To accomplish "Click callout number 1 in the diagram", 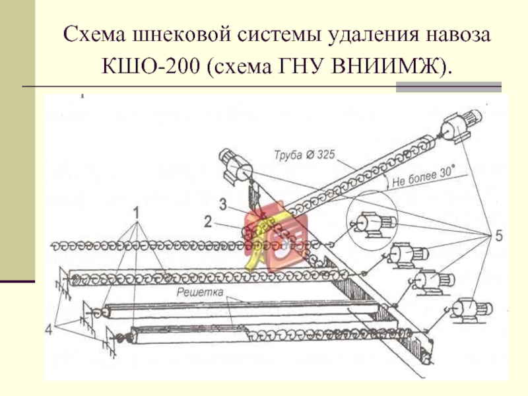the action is click(x=137, y=213).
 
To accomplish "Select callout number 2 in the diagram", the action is click(x=208, y=222).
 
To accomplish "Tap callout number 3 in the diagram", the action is click(x=224, y=205).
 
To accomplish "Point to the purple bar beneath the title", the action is click(x=448, y=86).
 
